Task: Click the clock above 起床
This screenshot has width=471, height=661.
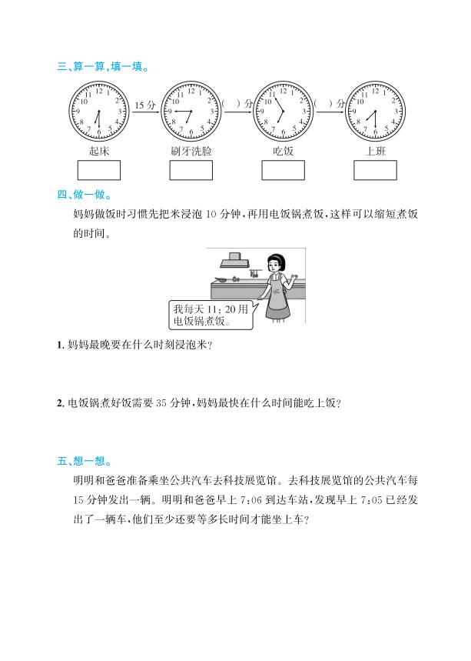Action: pos(98,112)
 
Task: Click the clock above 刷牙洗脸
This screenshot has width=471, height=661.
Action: pos(191,112)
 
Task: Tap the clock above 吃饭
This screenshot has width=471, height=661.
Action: pos(283,112)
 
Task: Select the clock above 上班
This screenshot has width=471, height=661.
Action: pos(375,112)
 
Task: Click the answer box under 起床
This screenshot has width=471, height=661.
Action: pos(99,170)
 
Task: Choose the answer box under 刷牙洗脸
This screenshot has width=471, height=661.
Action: pos(191,170)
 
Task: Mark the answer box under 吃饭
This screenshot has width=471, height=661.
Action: pos(284,170)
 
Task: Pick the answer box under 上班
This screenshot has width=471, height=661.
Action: pos(375,170)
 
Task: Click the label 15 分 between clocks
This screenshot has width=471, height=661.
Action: pos(145,105)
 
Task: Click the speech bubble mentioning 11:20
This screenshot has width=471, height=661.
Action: pos(202,314)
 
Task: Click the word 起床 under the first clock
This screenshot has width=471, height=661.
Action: pos(99,151)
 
